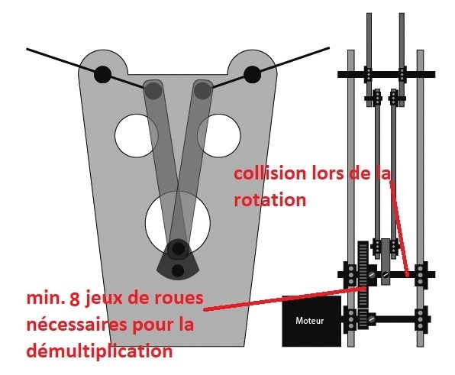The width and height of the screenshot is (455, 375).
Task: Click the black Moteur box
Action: coord(311,321)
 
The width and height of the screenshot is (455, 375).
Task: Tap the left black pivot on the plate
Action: coord(103,74)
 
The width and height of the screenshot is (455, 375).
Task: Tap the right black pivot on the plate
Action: coord(252,74)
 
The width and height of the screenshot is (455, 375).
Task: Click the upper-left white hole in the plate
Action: coord(137,136)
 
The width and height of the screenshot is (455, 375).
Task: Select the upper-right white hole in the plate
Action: coord(219,136)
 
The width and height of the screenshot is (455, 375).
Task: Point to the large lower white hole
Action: coord(178,224)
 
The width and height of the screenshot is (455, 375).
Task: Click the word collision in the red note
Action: coord(270,173)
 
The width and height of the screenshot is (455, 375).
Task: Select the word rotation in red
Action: coord(270,200)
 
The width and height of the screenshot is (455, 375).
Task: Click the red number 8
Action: coord(75,299)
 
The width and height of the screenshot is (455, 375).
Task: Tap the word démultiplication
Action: coord(100,351)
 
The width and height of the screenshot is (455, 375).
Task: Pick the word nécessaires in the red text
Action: coord(77,325)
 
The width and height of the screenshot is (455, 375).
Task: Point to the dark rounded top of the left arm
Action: coord(153,89)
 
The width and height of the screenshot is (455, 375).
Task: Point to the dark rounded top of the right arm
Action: coord(203,89)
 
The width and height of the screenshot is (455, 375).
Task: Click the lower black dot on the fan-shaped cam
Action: coord(178,270)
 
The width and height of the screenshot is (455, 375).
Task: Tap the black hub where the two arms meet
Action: coord(178,248)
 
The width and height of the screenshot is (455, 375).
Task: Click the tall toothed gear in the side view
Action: coord(363,284)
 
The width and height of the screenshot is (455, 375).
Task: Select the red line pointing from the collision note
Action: coord(399,228)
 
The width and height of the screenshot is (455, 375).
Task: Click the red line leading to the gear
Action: coord(286,299)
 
